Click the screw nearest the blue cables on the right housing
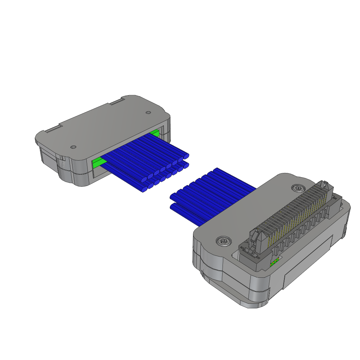pyautogui.click(x=297, y=188)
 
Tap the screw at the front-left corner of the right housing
pyautogui.click(x=224, y=241)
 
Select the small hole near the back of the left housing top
pyautogui.click(x=148, y=113)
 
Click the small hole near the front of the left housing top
pyautogui.click(x=73, y=147)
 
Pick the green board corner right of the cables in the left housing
pyautogui.click(x=155, y=133)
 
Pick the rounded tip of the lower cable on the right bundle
pyautogui.click(x=173, y=207)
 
